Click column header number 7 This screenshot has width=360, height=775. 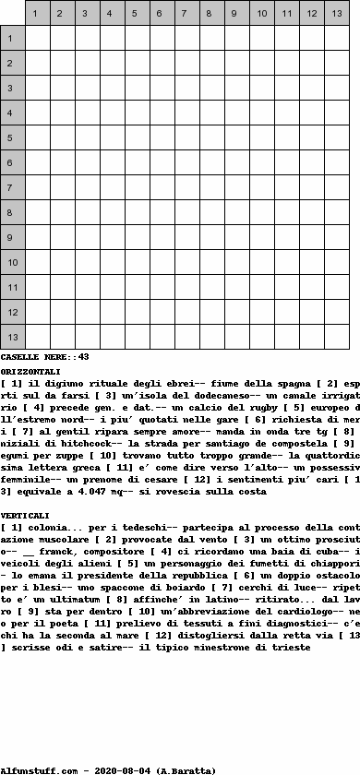186,14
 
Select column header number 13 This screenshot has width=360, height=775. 336,14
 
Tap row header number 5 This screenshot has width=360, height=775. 12,137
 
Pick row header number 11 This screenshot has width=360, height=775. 12,287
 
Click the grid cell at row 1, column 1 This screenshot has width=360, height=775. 37,38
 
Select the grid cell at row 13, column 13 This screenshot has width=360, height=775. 336,337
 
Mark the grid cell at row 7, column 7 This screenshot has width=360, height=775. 186,187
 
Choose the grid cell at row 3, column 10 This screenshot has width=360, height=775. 261,88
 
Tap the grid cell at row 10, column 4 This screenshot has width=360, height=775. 112,262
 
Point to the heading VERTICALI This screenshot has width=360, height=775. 26,515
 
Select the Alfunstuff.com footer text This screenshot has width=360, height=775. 42,769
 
